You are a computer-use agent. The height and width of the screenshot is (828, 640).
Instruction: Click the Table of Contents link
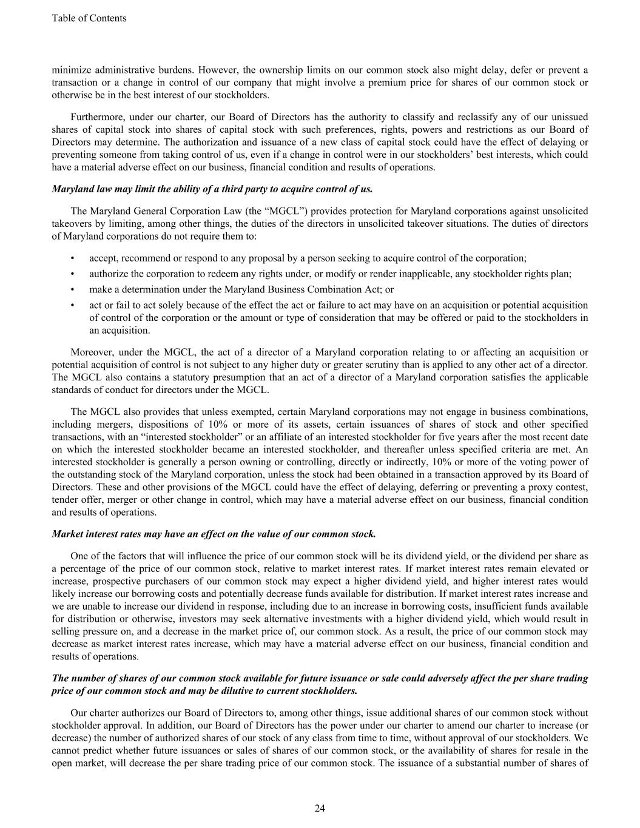point(89,18)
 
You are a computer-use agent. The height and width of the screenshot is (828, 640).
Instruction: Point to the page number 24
point(320,808)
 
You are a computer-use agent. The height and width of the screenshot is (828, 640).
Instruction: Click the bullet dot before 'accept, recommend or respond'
point(73,258)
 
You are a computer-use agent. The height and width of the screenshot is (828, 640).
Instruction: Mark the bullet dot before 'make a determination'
point(73,289)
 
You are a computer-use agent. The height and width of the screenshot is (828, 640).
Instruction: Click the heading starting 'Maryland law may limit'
point(212,189)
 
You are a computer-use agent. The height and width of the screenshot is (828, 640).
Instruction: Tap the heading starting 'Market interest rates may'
point(214,534)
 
